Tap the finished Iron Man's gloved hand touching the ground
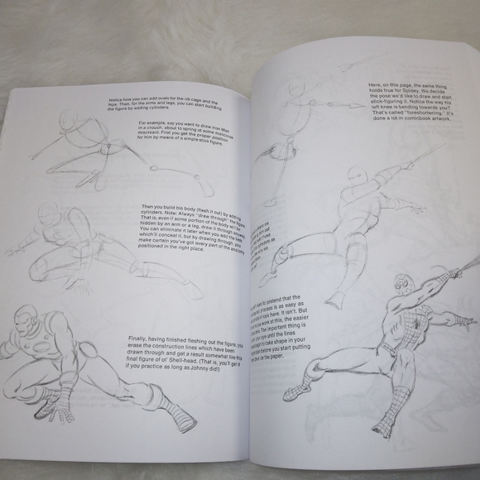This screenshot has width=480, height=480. [x=51, y=406]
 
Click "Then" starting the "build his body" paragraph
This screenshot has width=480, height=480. [x=146, y=206]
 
